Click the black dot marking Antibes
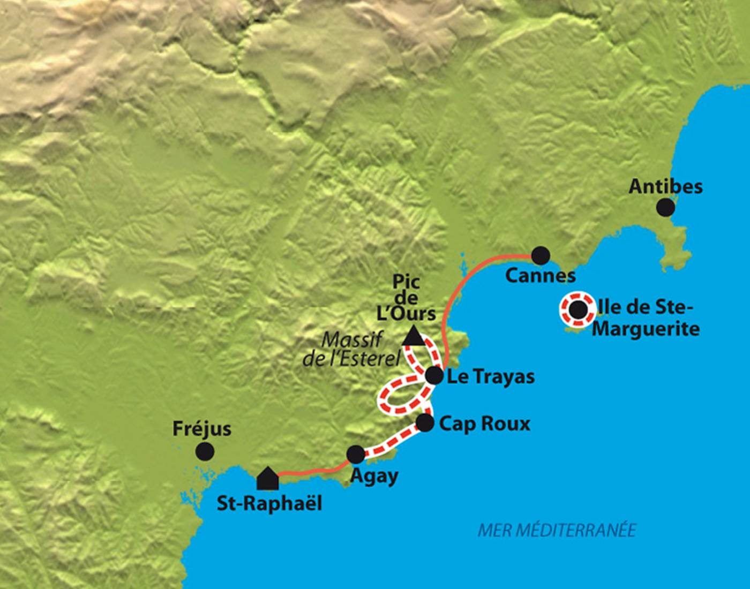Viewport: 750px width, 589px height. point(665,207)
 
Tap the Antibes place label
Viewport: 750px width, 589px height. point(665,186)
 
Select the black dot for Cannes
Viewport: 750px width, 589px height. point(541,255)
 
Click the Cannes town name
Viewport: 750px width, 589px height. point(541,276)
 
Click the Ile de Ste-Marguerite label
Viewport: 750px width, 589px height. point(646,318)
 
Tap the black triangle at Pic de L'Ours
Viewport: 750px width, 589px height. point(412,336)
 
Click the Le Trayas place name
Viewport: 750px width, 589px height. point(490,377)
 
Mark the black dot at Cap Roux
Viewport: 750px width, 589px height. point(424,422)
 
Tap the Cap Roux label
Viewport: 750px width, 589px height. point(484,424)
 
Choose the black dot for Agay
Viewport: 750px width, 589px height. point(356,454)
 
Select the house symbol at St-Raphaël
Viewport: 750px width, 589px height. point(267,479)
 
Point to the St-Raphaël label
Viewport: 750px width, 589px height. point(269,504)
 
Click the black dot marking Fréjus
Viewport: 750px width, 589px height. point(205,451)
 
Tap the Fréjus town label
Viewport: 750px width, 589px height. point(202,429)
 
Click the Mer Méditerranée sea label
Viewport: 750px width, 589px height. point(557,530)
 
